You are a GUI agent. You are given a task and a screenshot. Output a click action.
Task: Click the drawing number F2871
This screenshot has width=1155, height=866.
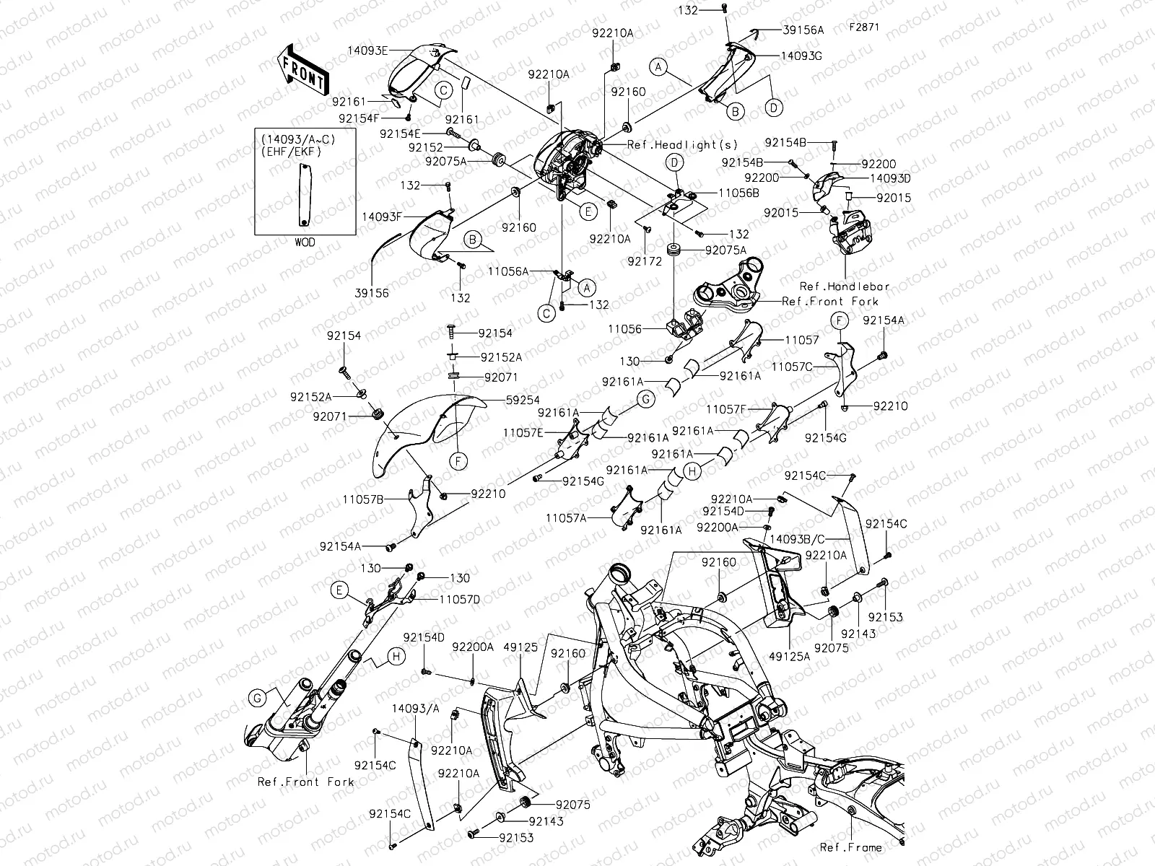[x=864, y=27]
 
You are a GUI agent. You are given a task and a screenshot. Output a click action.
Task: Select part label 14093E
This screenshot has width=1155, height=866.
[x=369, y=50]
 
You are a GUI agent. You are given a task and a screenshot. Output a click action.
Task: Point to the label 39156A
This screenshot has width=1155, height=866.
[x=803, y=30]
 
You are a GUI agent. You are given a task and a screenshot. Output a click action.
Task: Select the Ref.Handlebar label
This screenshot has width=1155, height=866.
[x=845, y=287]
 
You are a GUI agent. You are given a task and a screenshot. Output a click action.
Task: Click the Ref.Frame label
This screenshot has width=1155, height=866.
[x=850, y=847]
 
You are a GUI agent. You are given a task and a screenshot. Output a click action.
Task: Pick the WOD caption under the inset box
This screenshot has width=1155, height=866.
[x=305, y=242]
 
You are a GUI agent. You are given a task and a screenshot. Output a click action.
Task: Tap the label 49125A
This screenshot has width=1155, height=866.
[x=789, y=657]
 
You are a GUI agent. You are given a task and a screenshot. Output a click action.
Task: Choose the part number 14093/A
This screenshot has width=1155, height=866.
[x=416, y=709]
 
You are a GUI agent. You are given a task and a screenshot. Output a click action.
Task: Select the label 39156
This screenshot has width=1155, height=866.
[x=372, y=294]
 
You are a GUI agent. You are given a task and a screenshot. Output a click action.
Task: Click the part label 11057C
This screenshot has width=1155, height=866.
[x=792, y=367]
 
